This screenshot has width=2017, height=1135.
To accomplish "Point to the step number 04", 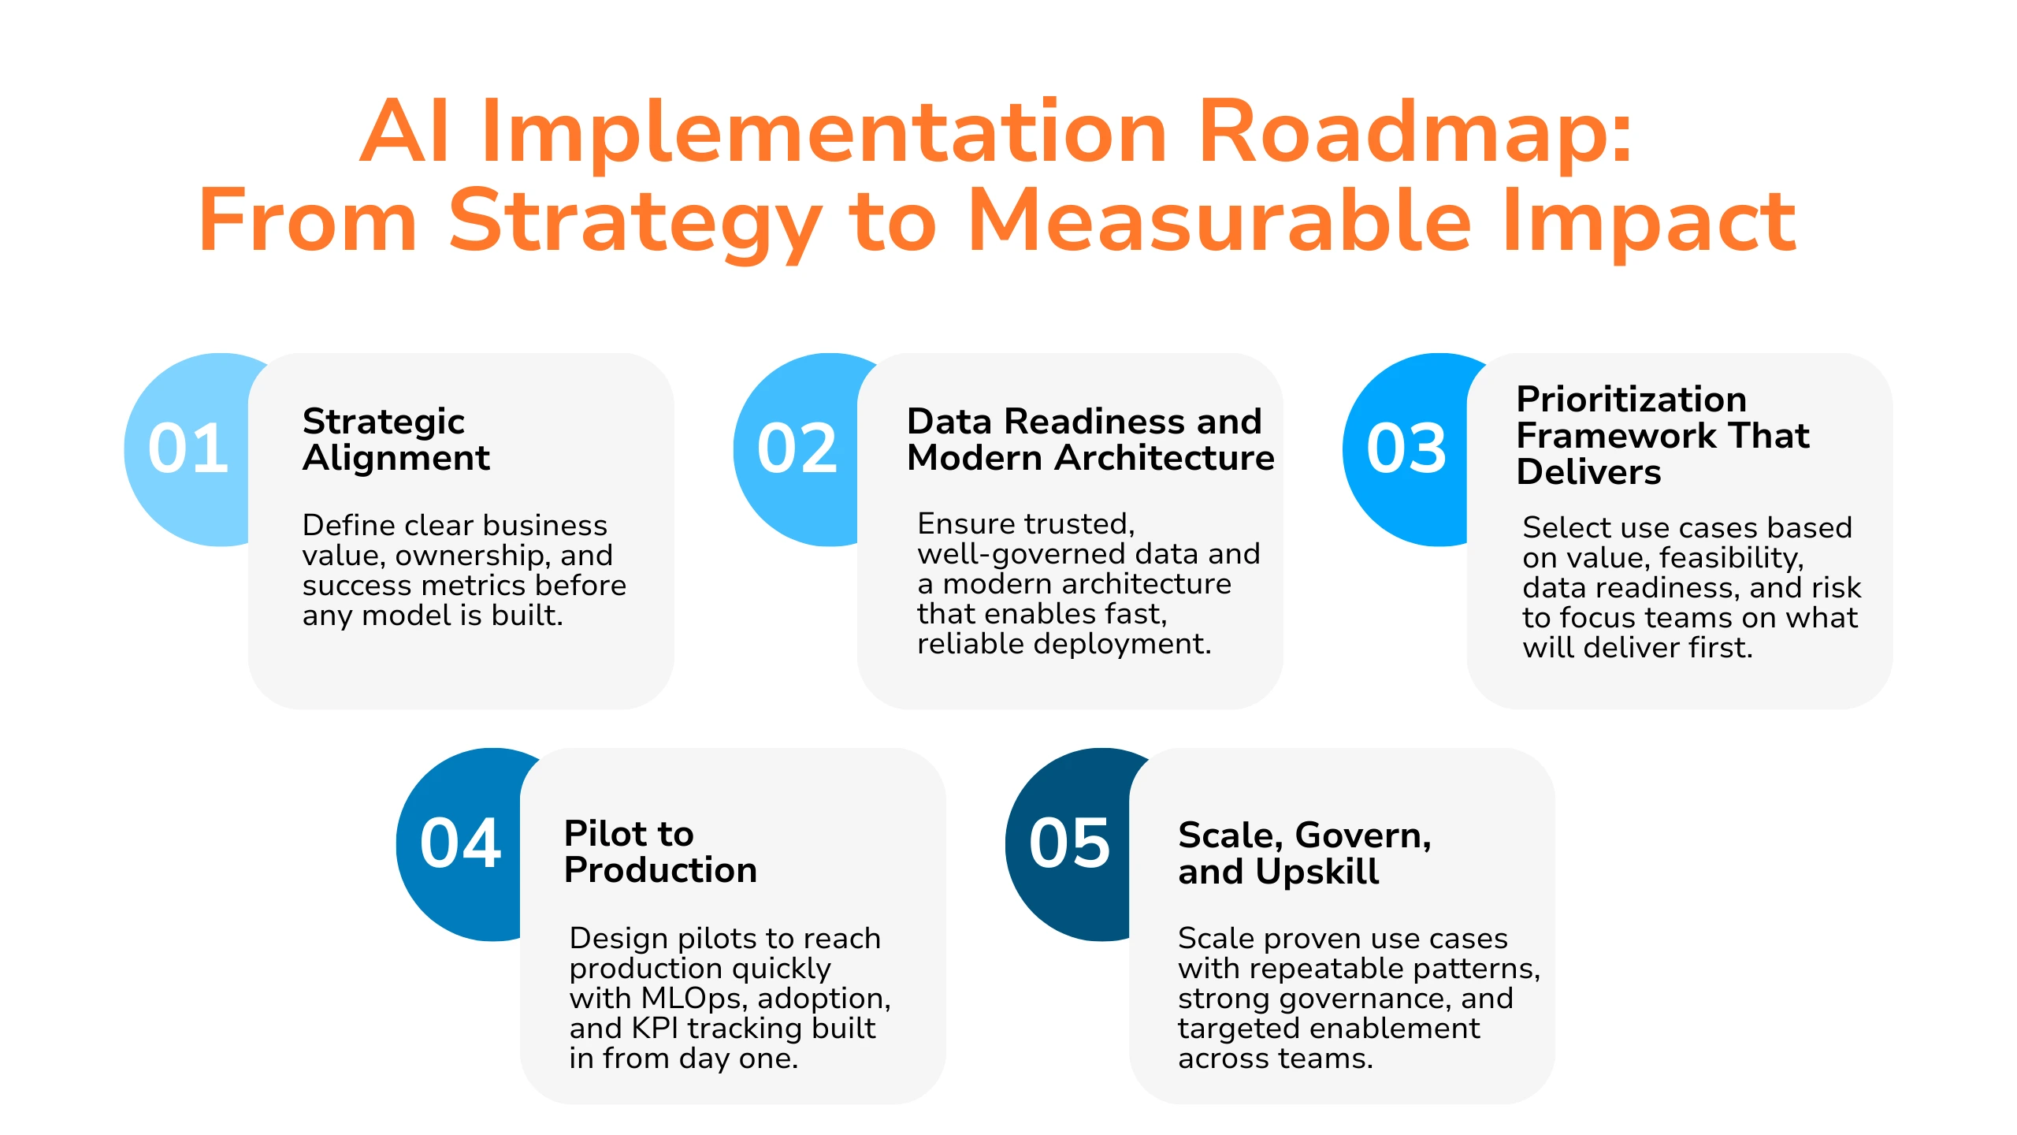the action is click(x=460, y=843).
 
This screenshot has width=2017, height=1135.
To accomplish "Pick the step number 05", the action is click(x=1069, y=843).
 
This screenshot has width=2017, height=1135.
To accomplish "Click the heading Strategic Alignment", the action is click(x=396, y=440).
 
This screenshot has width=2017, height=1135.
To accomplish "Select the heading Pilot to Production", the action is click(x=660, y=852).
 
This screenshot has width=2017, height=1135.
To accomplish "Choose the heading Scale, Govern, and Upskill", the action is click(x=1305, y=854).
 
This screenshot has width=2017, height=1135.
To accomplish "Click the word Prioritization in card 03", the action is click(x=1631, y=399).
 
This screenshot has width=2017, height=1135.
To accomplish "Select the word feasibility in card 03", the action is click(x=1732, y=558).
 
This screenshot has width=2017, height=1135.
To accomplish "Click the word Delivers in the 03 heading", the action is click(x=1588, y=471).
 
